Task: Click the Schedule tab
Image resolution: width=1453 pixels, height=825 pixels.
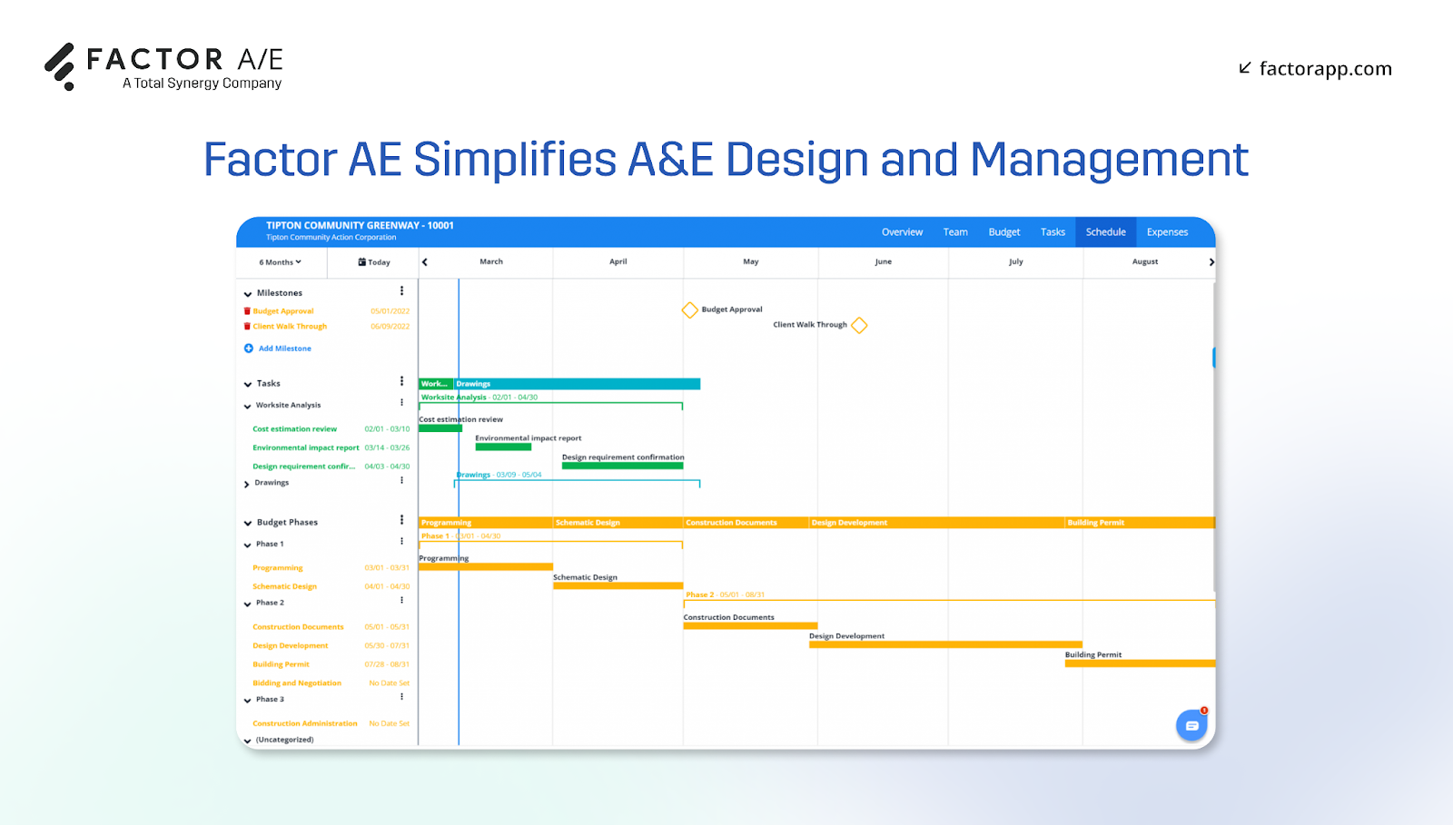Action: tap(1105, 232)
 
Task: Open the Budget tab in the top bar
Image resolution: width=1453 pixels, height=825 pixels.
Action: tap(1003, 232)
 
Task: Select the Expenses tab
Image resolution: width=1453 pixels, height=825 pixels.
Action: tap(1167, 232)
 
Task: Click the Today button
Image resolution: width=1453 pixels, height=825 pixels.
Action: tap(374, 262)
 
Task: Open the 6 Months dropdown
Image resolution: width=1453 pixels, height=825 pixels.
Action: tap(280, 262)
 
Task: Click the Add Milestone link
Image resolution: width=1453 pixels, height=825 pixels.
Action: tap(284, 349)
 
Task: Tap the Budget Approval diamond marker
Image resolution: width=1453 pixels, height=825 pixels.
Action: tap(689, 310)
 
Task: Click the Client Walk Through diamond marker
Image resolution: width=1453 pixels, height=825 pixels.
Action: tap(859, 325)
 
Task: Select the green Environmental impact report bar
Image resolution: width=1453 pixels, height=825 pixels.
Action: tap(503, 447)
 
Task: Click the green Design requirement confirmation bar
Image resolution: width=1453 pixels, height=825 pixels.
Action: tap(622, 466)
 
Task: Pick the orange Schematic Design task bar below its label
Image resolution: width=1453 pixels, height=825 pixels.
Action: tap(618, 586)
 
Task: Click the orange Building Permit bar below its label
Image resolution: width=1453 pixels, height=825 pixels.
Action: tap(1140, 663)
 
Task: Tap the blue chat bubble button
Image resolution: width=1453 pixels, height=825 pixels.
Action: tap(1191, 726)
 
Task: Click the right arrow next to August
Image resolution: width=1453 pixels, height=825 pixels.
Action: tap(1211, 262)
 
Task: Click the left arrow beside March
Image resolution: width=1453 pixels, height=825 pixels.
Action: tap(425, 262)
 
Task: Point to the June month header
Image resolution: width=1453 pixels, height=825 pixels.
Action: tap(883, 261)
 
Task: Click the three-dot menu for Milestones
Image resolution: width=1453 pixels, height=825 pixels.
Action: tap(401, 291)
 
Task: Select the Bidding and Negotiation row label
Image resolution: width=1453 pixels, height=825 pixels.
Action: tap(297, 683)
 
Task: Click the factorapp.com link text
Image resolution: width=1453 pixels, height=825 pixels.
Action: tap(1325, 69)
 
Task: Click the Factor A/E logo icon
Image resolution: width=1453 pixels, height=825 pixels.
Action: tap(60, 66)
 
